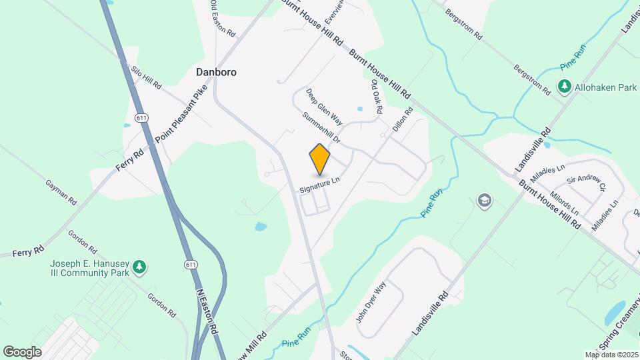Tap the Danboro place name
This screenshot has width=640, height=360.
click(x=216, y=71)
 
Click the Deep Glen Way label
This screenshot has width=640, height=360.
click(x=324, y=107)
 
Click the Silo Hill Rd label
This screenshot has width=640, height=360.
click(x=146, y=77)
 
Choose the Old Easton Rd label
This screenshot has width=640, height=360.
click(x=223, y=18)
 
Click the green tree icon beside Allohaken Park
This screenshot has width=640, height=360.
click(x=563, y=87)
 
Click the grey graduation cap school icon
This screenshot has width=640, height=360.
click(x=485, y=200)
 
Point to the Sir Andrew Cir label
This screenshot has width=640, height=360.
click(x=586, y=183)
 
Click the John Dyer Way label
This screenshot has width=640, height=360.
click(x=371, y=303)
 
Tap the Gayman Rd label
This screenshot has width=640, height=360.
click(x=61, y=191)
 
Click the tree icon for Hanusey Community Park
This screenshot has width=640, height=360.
click(x=139, y=267)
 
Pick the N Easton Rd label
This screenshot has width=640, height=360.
click(x=207, y=312)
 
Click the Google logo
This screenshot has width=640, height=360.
click(x=22, y=351)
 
